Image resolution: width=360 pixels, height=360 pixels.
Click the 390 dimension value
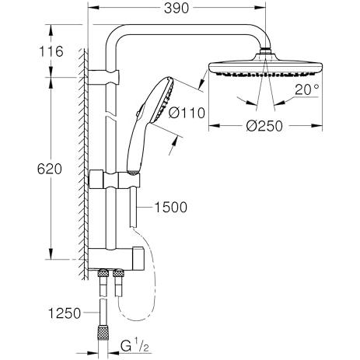click(x=177, y=9)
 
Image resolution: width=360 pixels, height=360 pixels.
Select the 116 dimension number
click(x=51, y=51)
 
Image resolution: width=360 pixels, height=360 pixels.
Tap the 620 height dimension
click(x=50, y=170)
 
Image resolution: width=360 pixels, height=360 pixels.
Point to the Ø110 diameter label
click(x=187, y=113)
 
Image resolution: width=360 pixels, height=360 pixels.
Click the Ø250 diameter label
click(x=264, y=126)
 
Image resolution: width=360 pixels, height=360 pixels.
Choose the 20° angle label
click(x=307, y=89)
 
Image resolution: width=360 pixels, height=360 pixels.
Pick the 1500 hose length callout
click(x=170, y=208)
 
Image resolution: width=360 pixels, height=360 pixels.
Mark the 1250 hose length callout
click(x=65, y=313)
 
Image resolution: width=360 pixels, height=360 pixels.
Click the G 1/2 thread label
click(x=135, y=346)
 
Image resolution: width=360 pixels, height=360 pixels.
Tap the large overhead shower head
click(x=266, y=66)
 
